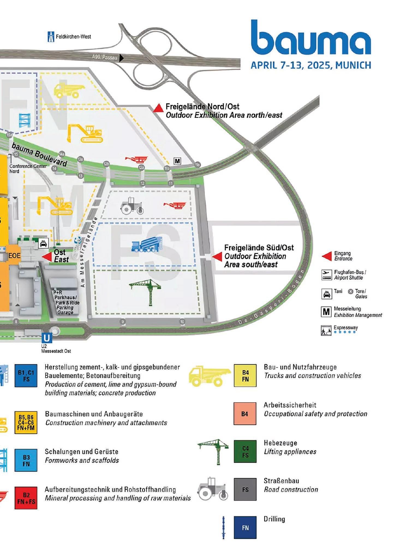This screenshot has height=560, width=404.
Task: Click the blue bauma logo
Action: [x=311, y=38]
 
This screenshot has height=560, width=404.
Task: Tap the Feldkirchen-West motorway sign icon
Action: [x=51, y=37]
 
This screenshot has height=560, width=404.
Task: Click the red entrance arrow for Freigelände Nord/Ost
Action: [x=158, y=108]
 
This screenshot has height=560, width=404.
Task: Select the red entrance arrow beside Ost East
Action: [x=47, y=256]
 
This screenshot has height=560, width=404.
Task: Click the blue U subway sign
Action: [x=47, y=338]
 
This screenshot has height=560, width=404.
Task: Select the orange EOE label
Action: [x=14, y=256]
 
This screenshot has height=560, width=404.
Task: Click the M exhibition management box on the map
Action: [x=177, y=161]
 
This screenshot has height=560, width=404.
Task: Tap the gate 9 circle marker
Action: [x=123, y=322]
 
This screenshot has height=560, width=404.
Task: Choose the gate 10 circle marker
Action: [x=182, y=322]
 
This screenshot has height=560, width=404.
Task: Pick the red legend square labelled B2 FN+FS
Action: [x=26, y=498]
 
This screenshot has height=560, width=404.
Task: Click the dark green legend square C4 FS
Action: [x=245, y=451]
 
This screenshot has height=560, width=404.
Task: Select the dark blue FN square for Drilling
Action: [x=245, y=528]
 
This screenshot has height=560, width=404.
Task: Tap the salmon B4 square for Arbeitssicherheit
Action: [x=245, y=414]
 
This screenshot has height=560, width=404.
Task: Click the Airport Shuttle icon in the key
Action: [x=327, y=275]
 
